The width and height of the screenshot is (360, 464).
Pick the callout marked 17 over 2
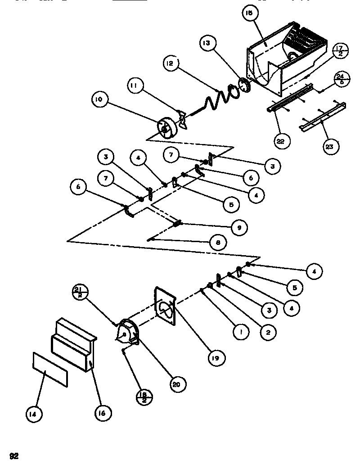[340, 50]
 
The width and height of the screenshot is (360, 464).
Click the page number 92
[14, 456]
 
